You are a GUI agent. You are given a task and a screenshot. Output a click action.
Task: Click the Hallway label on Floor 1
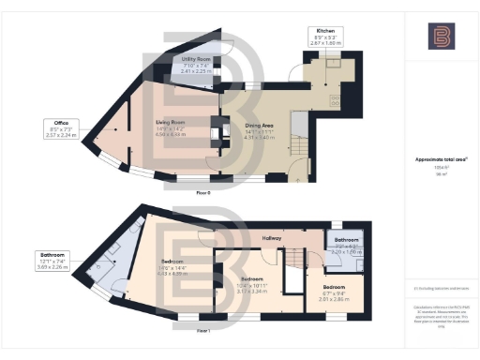point(272,238)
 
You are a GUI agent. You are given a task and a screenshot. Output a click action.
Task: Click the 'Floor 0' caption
point(202,191)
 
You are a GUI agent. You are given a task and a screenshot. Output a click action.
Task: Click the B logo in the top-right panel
point(442,37)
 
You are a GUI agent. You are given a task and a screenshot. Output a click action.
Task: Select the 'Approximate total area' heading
point(442,159)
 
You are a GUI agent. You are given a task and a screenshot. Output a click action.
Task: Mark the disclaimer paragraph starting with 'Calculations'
point(442,316)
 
